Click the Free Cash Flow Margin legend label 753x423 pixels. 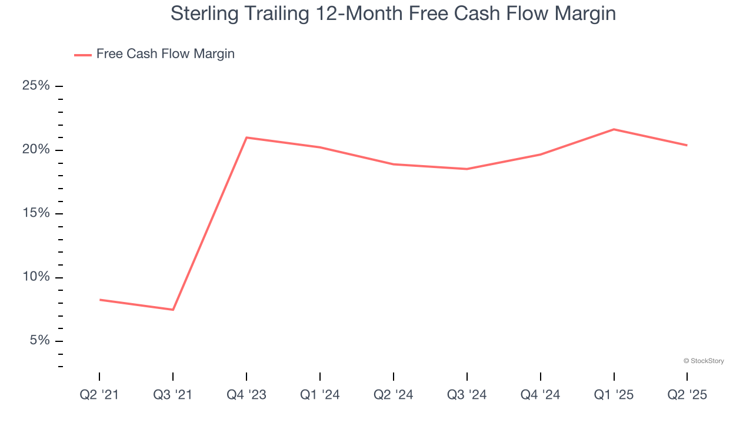(x=165, y=54)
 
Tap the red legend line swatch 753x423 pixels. (x=82, y=55)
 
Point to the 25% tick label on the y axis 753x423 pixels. (x=36, y=86)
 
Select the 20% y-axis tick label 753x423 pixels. (x=36, y=150)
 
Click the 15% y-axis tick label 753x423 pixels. (x=36, y=213)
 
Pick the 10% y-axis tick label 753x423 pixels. (x=36, y=277)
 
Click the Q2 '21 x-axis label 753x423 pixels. (x=99, y=395)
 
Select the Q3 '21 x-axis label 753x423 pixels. (x=173, y=395)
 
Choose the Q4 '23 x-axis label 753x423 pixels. (x=246, y=395)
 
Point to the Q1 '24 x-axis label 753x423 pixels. (x=320, y=395)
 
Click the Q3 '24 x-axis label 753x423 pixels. (x=467, y=395)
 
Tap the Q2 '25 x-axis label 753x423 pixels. (x=687, y=395)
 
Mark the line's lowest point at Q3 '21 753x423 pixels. (x=173, y=310)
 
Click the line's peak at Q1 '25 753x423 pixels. (x=614, y=129)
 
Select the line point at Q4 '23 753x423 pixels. (x=246, y=137)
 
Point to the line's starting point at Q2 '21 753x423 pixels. (x=99, y=300)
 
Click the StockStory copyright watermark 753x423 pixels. (x=704, y=361)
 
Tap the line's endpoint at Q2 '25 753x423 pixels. (x=687, y=145)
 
